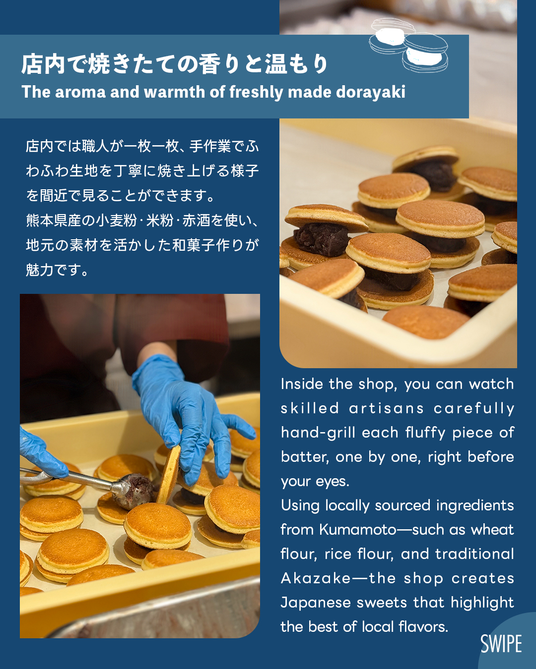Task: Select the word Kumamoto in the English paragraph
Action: tap(357, 530)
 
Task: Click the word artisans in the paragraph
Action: tap(386, 408)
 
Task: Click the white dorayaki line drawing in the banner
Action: tap(408, 45)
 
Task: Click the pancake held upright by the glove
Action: tap(169, 474)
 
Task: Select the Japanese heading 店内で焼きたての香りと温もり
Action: tap(174, 64)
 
